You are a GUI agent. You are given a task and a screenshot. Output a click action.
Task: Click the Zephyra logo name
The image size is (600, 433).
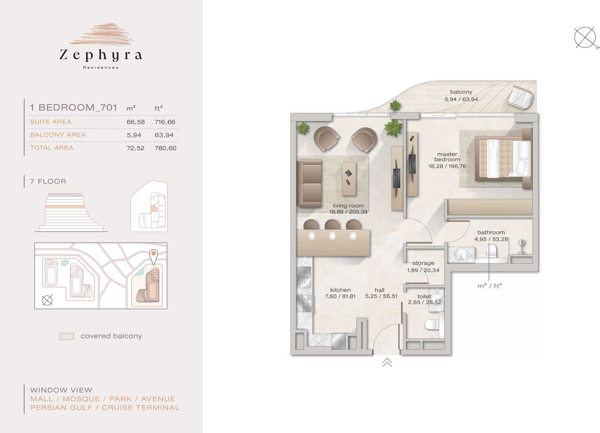click(101, 55)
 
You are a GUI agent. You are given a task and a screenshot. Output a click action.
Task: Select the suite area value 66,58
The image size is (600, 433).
click(135, 122)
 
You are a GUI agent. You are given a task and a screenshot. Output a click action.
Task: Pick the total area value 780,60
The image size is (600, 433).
click(165, 148)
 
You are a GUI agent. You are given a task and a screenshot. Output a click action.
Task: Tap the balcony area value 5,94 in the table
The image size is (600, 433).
click(134, 135)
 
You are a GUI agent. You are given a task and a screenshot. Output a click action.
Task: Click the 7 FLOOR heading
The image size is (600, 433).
click(48, 181)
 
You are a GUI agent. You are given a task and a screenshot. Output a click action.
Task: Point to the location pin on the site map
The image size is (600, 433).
click(154, 257)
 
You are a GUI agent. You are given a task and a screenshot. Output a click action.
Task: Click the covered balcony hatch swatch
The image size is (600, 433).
click(67, 336)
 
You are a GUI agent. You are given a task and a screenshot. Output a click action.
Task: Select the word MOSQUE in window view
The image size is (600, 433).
click(82, 399)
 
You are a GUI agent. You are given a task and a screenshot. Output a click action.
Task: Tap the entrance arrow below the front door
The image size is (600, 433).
click(387, 362)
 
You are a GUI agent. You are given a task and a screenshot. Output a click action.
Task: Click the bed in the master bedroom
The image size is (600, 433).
click(503, 159)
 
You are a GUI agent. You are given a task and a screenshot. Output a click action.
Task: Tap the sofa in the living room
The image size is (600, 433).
click(309, 183)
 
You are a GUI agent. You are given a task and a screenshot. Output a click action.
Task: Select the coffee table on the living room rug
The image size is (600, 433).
click(349, 179)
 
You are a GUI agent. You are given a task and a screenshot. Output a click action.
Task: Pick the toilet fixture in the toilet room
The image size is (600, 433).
click(432, 325)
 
